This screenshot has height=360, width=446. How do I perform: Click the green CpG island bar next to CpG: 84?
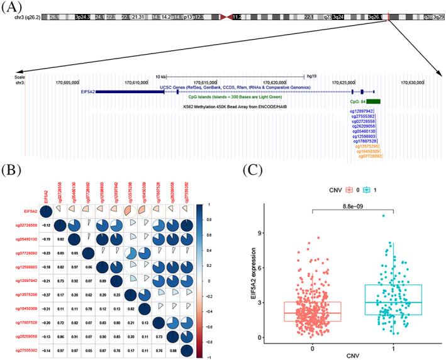pyautogui.click(x=373, y=101)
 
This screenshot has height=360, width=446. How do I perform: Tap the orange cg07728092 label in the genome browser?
pyautogui.click(x=368, y=156)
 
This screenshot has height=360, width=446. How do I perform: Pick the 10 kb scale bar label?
pyautogui.click(x=161, y=76)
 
